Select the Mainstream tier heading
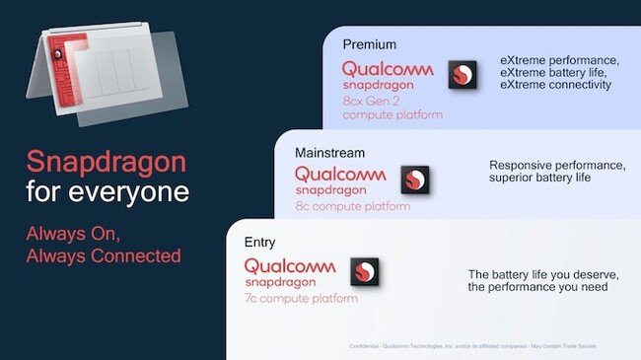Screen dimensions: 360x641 click(x=329, y=153)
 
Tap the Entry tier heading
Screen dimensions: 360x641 click(x=260, y=242)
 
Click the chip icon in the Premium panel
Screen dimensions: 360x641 click(x=463, y=76)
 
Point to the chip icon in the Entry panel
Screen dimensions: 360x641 click(x=364, y=272)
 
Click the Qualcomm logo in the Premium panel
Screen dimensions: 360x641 click(x=391, y=69)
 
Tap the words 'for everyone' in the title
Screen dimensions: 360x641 click(x=107, y=191)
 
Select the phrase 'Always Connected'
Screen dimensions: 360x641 click(x=104, y=255)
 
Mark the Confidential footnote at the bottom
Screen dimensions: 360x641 click(x=474, y=347)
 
